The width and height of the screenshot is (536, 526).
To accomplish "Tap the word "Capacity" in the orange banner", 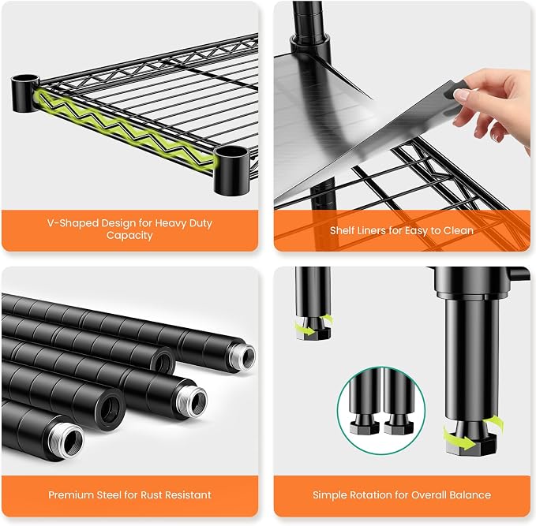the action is (129, 236).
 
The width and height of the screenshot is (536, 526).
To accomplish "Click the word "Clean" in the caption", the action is (459, 230).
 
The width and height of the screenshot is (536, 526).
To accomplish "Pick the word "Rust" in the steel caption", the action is (153, 495).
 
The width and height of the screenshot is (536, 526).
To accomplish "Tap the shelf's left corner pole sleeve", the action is (24, 93).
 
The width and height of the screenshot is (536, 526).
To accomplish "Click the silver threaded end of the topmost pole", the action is (242, 357).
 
